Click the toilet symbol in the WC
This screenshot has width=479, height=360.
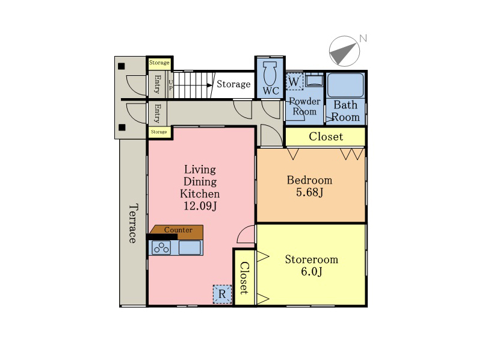(270, 73)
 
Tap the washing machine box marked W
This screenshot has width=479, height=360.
(294, 82)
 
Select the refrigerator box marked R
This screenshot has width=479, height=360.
(222, 294)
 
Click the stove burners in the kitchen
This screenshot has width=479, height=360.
(161, 247)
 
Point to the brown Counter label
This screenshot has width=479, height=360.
(178, 230)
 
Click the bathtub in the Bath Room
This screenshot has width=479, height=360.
(345, 85)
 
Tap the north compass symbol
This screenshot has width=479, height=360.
(344, 51)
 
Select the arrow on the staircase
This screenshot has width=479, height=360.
(193, 85)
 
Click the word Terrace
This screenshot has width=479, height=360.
(132, 223)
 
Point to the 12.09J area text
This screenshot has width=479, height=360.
(200, 206)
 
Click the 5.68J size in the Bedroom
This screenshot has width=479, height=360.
(309, 192)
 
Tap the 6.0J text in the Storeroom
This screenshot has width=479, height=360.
(312, 272)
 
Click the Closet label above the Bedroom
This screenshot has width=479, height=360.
(326, 137)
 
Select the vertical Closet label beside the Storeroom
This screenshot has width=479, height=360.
(244, 278)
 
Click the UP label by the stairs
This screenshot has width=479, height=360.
(171, 85)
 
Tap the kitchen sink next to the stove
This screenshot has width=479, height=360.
(190, 247)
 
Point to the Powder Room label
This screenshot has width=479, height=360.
(304, 107)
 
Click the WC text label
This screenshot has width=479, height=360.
(271, 91)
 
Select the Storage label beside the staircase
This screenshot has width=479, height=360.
(233, 84)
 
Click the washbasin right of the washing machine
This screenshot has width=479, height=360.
(314, 80)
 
